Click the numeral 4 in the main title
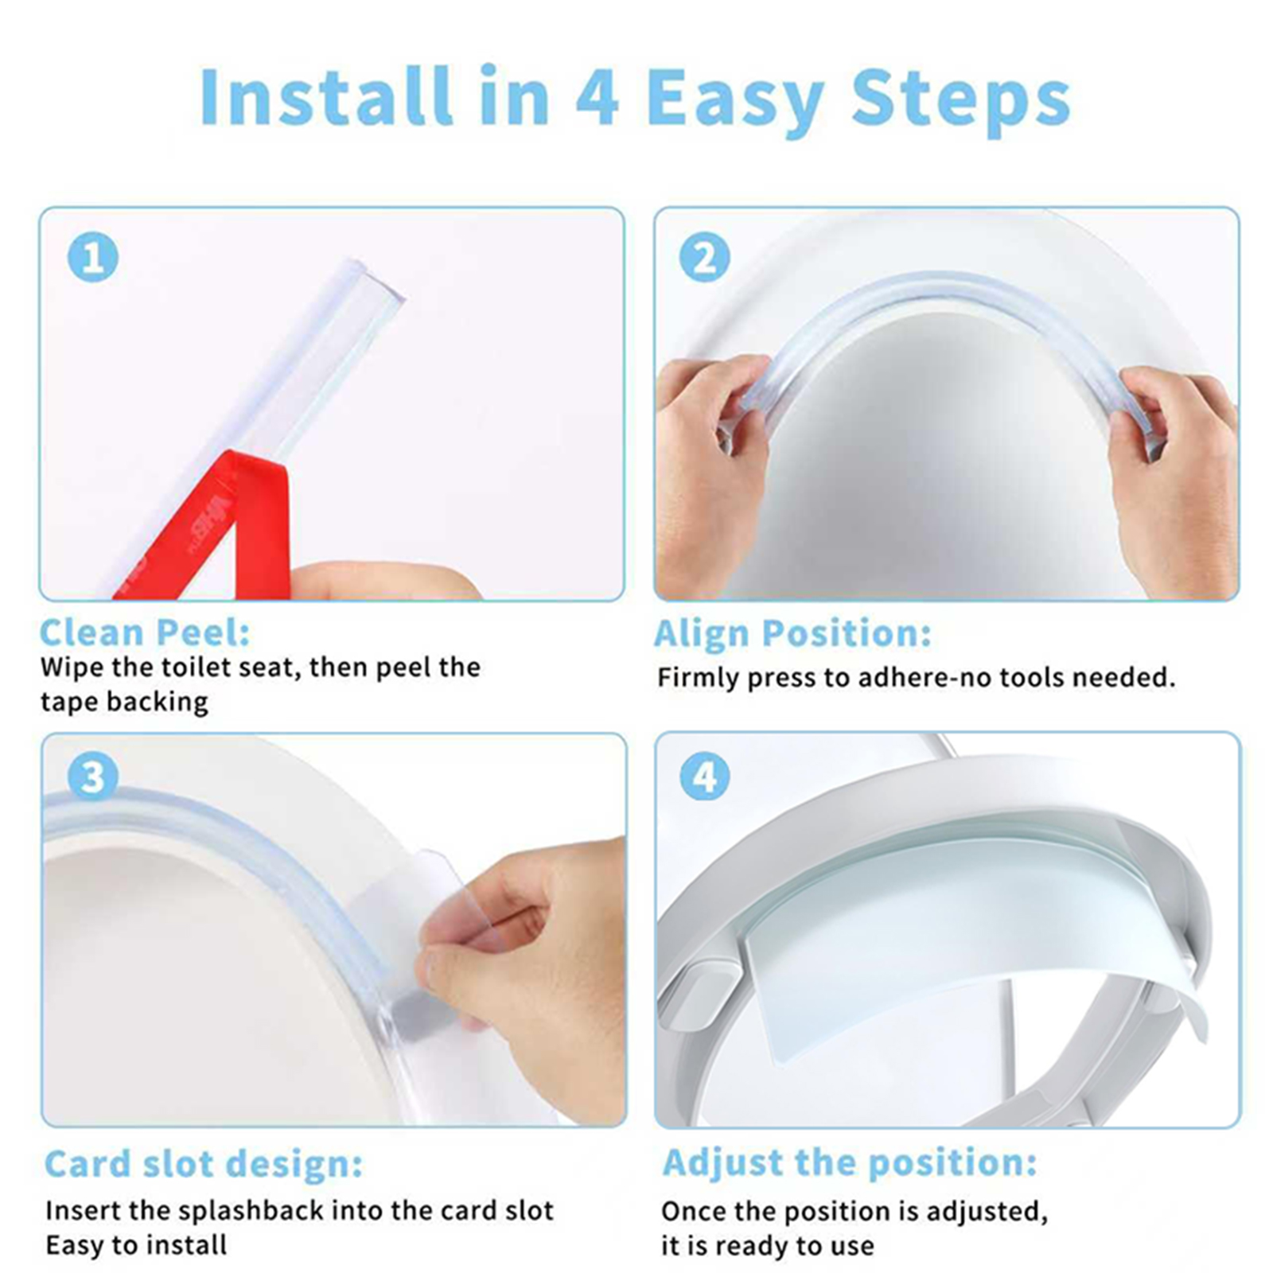tap(597, 97)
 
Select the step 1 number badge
tap(93, 258)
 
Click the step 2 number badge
tap(705, 258)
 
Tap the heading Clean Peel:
tap(145, 633)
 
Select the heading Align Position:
tap(792, 634)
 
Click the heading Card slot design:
tap(204, 1165)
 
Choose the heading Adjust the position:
tap(850, 1163)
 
